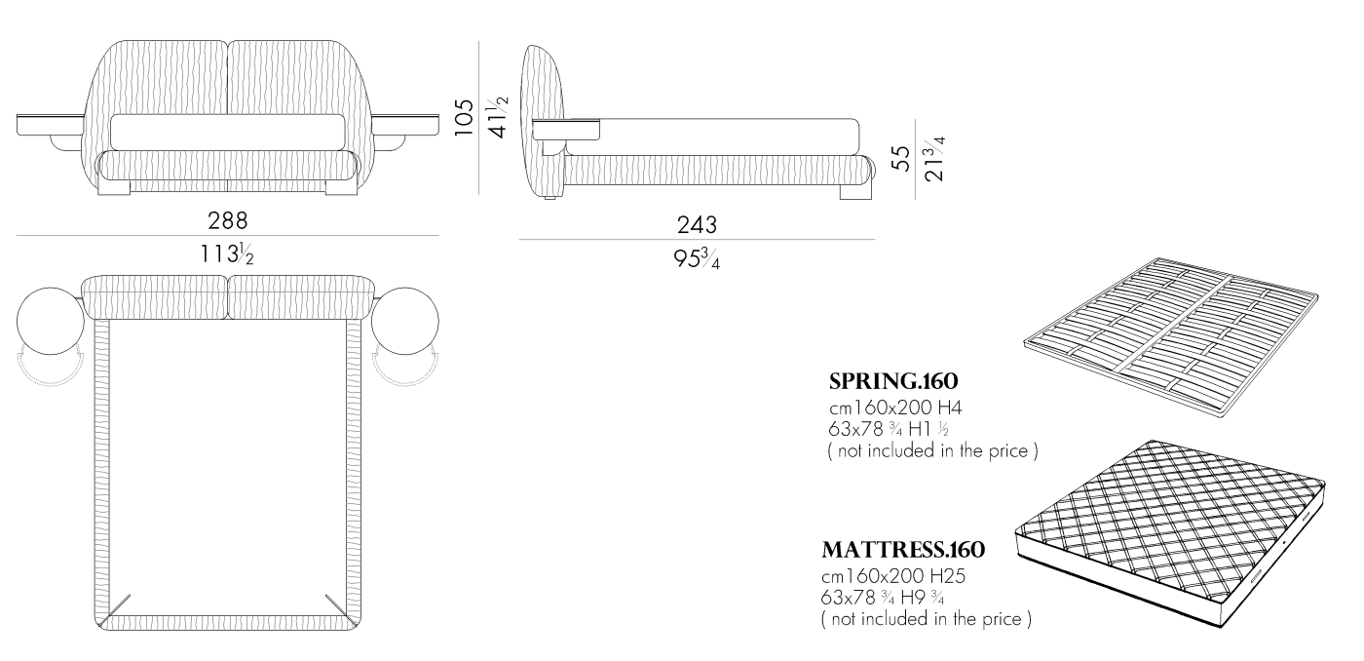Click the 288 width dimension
(228, 220)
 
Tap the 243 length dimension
(698, 225)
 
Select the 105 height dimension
(465, 118)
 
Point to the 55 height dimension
(900, 158)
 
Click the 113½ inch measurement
(227, 253)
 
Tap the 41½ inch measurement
(498, 118)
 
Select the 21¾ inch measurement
(934, 158)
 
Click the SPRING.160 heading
(893, 381)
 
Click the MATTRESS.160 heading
(903, 550)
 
